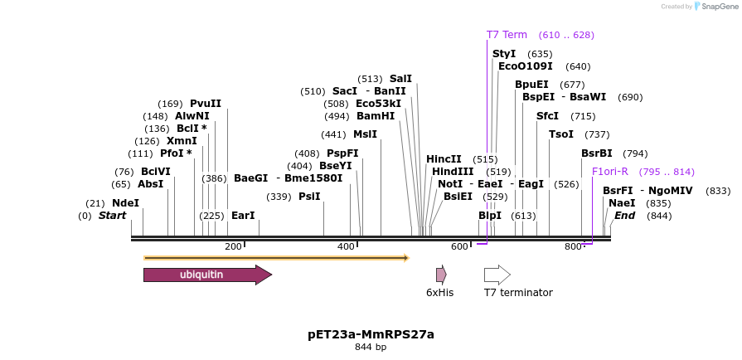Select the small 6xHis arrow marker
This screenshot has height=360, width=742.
(x=441, y=275)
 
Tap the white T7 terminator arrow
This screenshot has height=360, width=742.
(x=497, y=275)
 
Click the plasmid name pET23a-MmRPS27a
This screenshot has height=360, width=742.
(x=371, y=334)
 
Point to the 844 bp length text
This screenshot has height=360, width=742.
(x=371, y=348)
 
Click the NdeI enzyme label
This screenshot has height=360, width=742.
(x=125, y=203)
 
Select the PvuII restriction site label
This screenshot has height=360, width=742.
(x=206, y=104)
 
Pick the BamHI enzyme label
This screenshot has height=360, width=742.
(x=376, y=116)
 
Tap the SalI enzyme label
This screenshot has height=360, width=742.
(x=400, y=79)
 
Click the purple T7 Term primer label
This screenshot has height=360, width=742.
(x=507, y=35)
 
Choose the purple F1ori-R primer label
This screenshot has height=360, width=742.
(x=609, y=172)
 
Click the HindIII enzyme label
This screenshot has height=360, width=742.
(x=453, y=172)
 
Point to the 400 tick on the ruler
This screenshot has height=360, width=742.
(x=346, y=246)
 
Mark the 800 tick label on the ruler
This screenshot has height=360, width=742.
(x=573, y=246)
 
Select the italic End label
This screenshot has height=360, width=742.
(x=624, y=216)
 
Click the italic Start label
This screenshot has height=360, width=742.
(x=113, y=216)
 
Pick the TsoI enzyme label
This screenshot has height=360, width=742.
(x=561, y=134)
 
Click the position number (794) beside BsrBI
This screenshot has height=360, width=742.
(x=635, y=153)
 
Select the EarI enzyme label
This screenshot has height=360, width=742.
(x=243, y=216)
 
